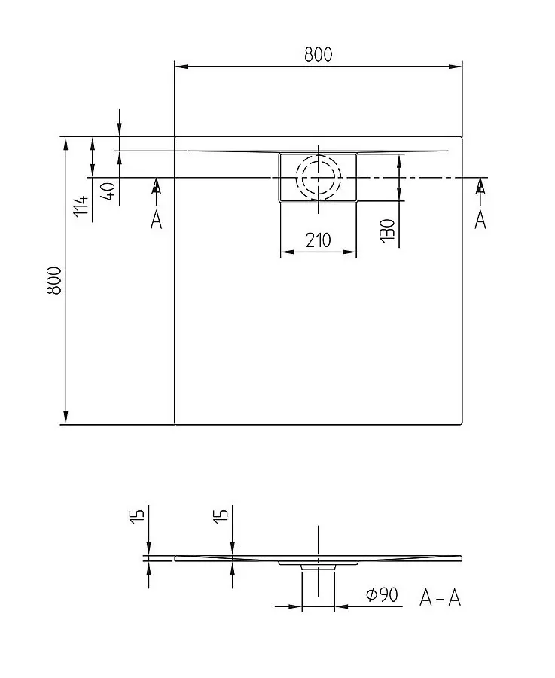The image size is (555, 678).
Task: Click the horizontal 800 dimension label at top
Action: click(x=318, y=55)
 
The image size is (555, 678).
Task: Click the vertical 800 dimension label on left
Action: click(x=54, y=281)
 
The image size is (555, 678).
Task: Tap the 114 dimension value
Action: click(x=81, y=206)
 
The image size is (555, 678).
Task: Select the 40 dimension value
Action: click(x=108, y=191)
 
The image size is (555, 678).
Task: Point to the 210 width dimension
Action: click(x=318, y=240)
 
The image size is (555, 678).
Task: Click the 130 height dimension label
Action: click(x=388, y=231)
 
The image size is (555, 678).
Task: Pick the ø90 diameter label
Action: click(x=382, y=595)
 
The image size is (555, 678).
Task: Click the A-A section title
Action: click(x=440, y=598)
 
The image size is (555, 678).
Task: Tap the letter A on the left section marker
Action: click(x=156, y=220)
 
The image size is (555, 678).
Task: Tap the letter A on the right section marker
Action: click(x=480, y=220)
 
